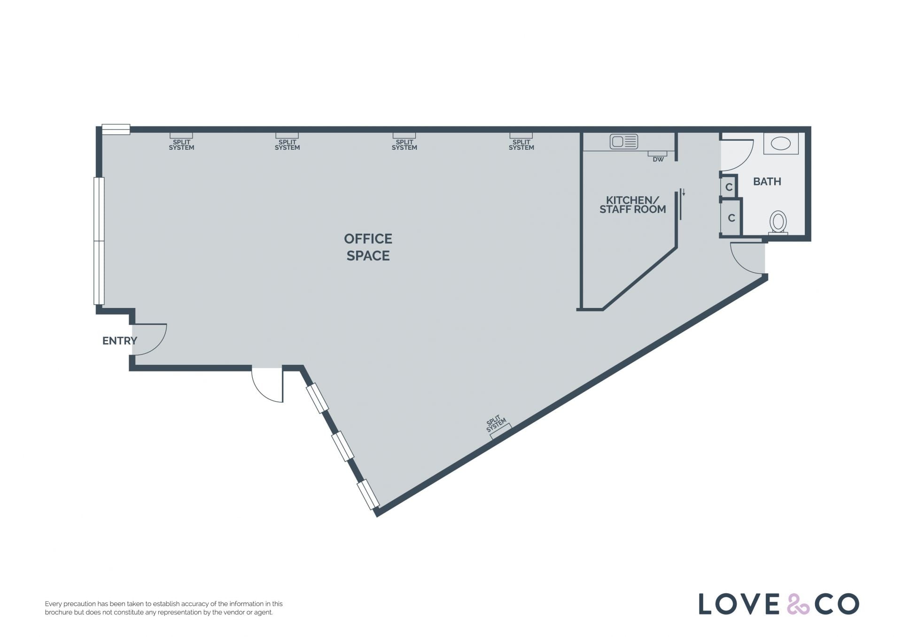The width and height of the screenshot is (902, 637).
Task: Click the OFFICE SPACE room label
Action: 368,247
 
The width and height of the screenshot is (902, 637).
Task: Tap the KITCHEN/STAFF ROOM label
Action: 632,205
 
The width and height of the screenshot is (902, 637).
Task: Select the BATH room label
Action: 767,181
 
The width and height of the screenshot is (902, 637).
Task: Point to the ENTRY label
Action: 120,341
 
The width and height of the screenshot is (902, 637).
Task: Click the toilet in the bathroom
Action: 778,223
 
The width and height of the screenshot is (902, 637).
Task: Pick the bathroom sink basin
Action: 780,143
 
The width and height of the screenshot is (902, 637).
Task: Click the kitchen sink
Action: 624,141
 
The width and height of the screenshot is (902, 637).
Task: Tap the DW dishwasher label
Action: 658,160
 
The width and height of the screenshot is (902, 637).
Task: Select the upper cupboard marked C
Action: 729,187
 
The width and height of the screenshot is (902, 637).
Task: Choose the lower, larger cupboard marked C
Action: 731,218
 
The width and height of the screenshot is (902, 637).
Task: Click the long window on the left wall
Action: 99,241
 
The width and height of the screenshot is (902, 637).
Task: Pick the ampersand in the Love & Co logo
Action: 798,604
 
